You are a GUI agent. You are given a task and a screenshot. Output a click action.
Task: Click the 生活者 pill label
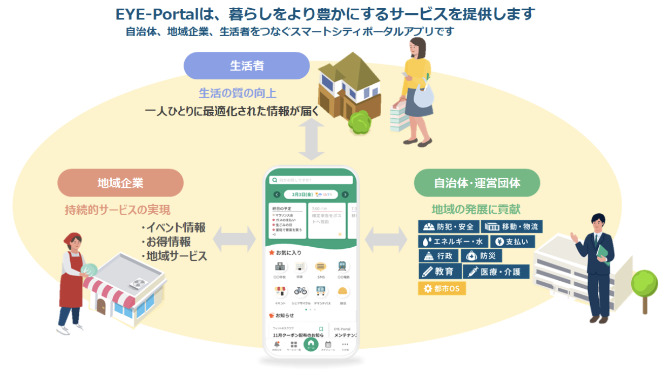(x=246, y=66)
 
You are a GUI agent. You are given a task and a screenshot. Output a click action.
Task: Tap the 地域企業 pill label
(x=120, y=182)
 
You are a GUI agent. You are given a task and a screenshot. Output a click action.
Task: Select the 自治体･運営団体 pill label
(x=477, y=182)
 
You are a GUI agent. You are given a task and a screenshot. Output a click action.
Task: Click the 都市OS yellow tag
(x=442, y=288)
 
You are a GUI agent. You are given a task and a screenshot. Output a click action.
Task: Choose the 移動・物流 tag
(x=511, y=226)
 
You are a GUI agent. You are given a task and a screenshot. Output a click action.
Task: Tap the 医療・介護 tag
(x=496, y=272)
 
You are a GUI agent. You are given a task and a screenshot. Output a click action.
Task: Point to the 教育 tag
(x=440, y=272)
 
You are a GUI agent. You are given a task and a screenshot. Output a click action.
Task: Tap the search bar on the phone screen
(x=312, y=180)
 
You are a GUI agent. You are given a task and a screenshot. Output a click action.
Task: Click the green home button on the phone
(x=311, y=344)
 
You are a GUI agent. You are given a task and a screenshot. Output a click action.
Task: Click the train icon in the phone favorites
(x=342, y=266)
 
